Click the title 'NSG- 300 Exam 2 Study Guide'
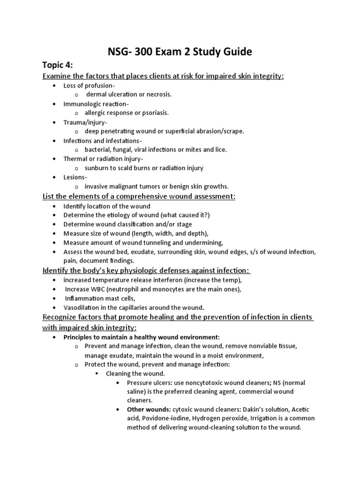click(180, 52)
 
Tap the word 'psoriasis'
click(153, 113)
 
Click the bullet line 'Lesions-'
click(75, 177)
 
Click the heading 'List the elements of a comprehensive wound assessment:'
click(139, 196)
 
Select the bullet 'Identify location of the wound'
click(107, 206)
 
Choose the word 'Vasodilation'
click(82, 307)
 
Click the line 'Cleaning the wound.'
click(135, 374)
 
